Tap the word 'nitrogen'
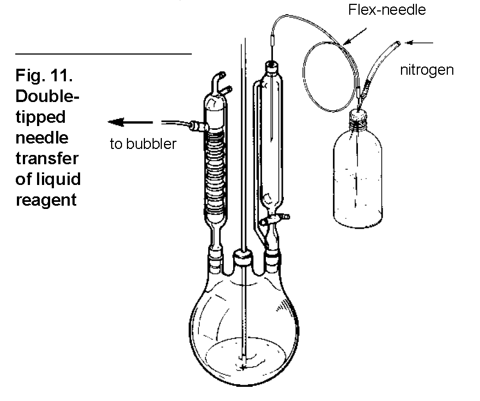click(x=427, y=70)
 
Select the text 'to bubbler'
click(x=143, y=144)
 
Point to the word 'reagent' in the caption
click(x=46, y=200)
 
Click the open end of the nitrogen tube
click(x=399, y=41)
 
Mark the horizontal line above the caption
click(x=104, y=54)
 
